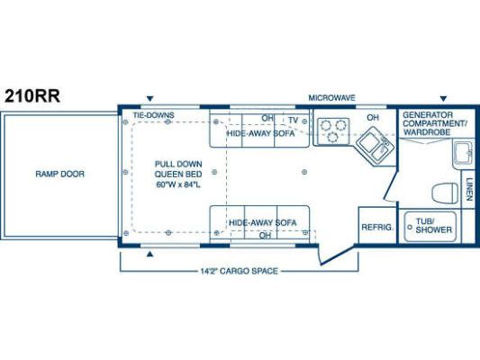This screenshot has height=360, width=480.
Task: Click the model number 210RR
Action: point(32,96)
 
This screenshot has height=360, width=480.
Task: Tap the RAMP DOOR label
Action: point(59,174)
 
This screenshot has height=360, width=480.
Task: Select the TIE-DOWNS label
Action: point(153,115)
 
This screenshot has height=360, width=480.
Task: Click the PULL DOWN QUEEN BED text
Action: point(178,174)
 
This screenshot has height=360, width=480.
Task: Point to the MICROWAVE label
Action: point(331,98)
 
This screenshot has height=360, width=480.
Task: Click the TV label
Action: point(294,121)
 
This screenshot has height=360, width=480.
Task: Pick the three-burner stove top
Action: point(333,130)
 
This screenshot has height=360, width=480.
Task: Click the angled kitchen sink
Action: point(376,146)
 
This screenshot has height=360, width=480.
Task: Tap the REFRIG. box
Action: point(377,225)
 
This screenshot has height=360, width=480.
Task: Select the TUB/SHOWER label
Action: point(434,225)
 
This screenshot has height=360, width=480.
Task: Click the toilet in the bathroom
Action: point(446,193)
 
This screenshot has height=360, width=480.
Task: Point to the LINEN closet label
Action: point(468,189)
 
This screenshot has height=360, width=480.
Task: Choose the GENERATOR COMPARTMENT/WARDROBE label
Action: point(434,123)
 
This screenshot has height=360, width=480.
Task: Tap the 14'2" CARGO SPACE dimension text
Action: point(239,271)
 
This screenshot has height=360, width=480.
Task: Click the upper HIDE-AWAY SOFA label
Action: point(260,133)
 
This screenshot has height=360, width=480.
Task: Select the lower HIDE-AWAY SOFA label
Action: point(263,222)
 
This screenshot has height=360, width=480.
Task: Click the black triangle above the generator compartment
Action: point(443,99)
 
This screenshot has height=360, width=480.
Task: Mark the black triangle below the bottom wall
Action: point(149,254)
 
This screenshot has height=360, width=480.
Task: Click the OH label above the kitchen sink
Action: point(373,118)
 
